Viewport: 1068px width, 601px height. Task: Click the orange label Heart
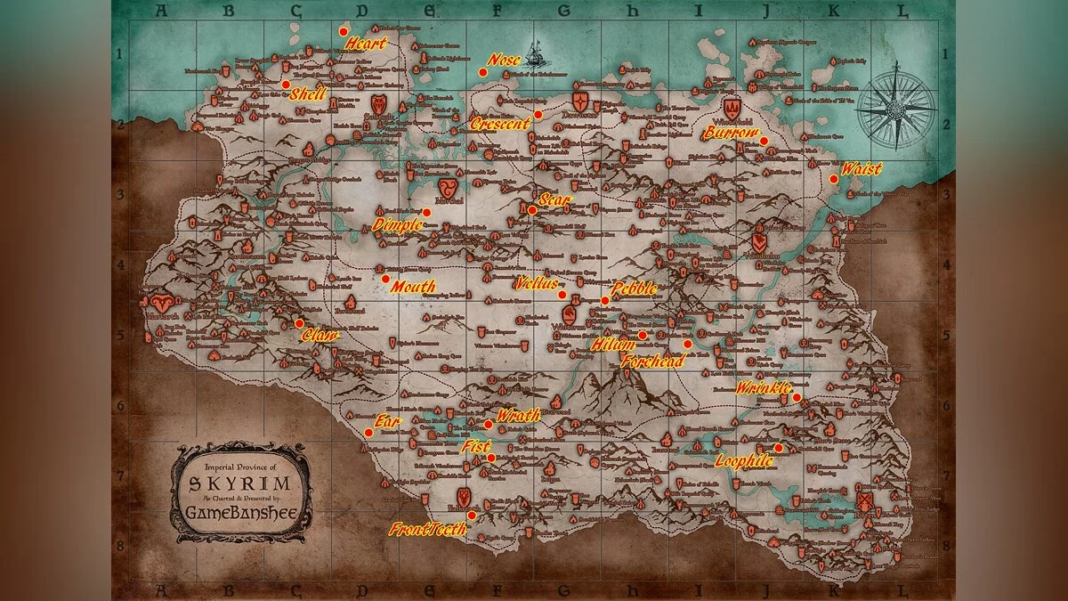[366, 43]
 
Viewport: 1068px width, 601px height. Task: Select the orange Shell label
[309, 93]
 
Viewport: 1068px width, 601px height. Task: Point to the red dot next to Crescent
[538, 115]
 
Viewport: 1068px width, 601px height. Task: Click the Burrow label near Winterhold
[732, 134]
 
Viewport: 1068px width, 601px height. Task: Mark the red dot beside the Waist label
[834, 179]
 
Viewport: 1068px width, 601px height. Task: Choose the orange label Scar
[554, 199]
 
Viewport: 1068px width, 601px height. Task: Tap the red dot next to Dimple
[427, 213]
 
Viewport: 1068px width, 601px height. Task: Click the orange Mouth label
[413, 287]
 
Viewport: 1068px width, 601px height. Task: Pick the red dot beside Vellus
[562, 295]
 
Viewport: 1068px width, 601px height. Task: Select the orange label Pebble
[634, 288]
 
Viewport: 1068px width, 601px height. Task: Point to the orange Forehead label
[652, 361]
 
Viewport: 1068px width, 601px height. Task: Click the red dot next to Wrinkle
[797, 397]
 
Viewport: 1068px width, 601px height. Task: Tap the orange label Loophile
[744, 461]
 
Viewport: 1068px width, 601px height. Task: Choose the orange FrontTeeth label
[428, 529]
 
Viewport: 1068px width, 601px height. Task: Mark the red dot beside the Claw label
[299, 323]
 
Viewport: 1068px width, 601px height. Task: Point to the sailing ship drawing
[534, 55]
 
